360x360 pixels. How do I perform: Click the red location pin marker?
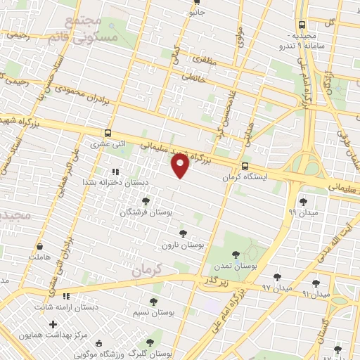coord(181,166)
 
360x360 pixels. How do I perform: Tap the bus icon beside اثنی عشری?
coord(108,132)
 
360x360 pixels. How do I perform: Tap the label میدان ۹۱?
coord(316,293)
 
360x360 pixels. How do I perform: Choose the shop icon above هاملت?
coord(40,247)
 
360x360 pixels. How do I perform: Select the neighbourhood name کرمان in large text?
coord(147,268)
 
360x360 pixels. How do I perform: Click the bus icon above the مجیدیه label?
coord(302,24)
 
